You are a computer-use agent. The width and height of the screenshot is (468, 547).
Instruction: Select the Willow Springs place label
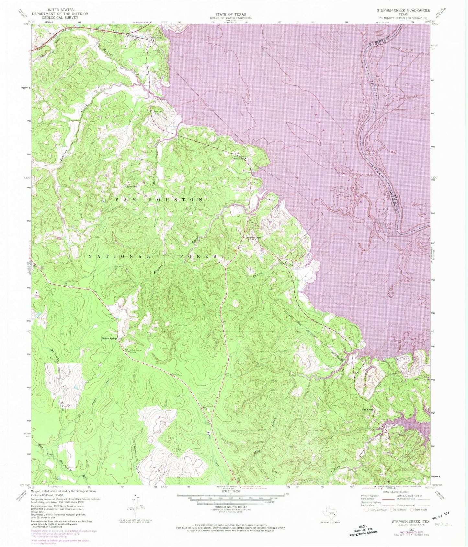coord(109,339)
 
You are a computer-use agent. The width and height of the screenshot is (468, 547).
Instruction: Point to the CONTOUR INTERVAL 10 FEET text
coord(230,508)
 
